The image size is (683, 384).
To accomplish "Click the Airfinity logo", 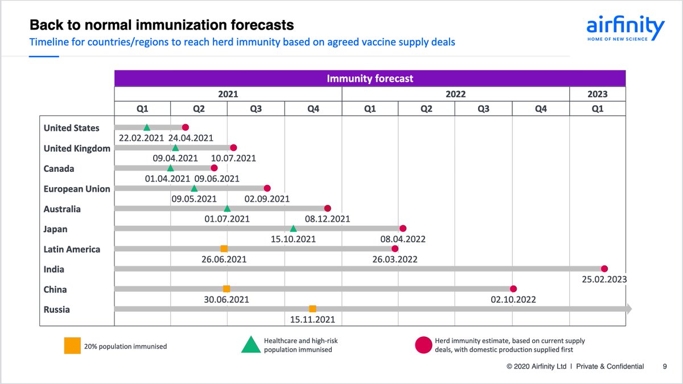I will (x=625, y=28).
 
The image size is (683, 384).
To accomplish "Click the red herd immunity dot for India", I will (x=604, y=269).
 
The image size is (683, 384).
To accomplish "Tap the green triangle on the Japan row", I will (x=293, y=229).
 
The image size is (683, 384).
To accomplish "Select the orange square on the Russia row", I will (x=312, y=309).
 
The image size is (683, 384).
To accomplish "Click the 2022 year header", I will (x=455, y=94).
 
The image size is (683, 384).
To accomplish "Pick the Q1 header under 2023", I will (x=597, y=108).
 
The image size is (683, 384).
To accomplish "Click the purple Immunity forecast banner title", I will (x=370, y=79).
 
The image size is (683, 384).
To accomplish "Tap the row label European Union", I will (x=77, y=189).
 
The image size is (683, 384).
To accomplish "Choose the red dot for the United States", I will (x=185, y=128).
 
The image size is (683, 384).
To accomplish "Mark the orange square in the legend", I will (x=72, y=346).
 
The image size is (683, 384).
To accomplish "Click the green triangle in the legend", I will (x=251, y=345).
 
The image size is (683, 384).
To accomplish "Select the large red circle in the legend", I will (x=423, y=345).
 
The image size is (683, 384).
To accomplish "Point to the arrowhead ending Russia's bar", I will (x=628, y=309).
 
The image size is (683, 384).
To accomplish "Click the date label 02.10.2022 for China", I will (x=513, y=300).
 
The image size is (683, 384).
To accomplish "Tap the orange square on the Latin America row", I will (x=224, y=249).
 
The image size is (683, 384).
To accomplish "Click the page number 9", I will (x=665, y=367).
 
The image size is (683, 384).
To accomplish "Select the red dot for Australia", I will (x=327, y=208).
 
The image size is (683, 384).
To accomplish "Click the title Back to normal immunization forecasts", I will (x=162, y=26).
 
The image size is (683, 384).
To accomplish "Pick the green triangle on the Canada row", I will (x=170, y=168).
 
